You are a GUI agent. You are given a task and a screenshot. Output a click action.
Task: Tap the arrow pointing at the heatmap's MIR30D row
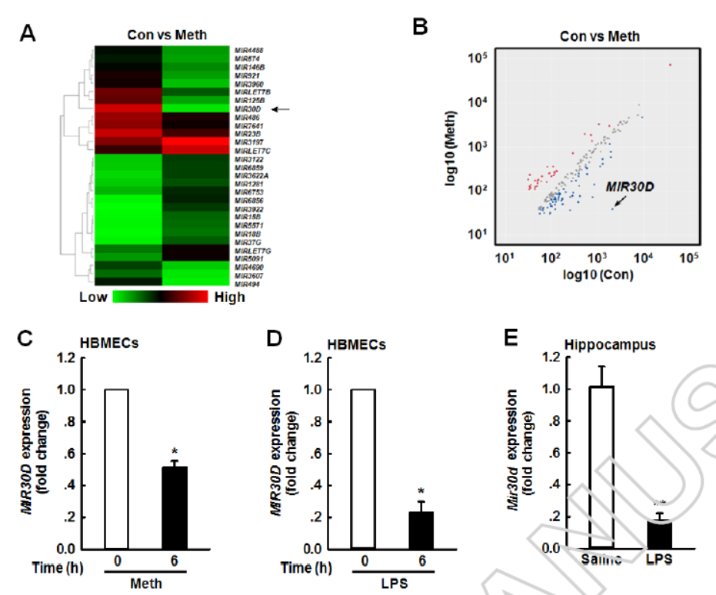[281, 109]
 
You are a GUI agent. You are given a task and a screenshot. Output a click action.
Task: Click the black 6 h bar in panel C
[175, 508]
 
